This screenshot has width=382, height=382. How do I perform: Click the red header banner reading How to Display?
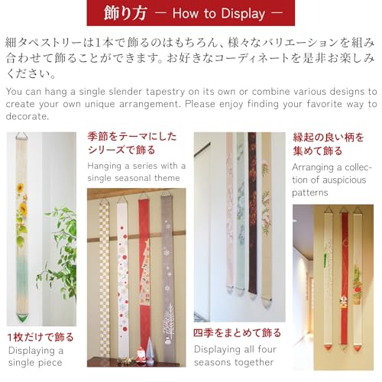pyautogui.click(x=190, y=13)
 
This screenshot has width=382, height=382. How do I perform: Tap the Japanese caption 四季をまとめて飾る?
pyautogui.click(x=237, y=333)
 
